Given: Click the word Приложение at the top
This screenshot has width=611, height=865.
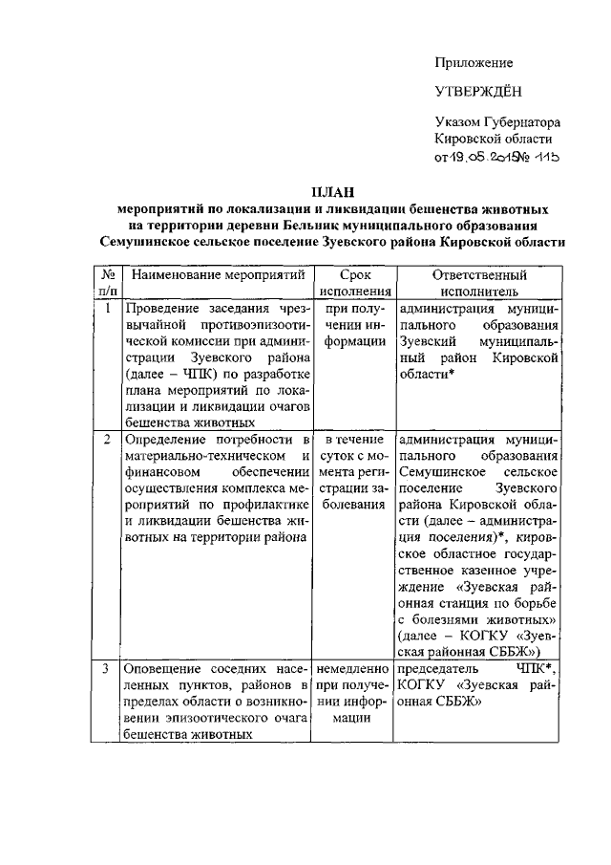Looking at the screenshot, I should [474, 63].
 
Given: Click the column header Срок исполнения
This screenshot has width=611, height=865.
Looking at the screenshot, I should [355, 283].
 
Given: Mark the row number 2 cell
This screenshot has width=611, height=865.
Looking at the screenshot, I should [108, 440].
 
